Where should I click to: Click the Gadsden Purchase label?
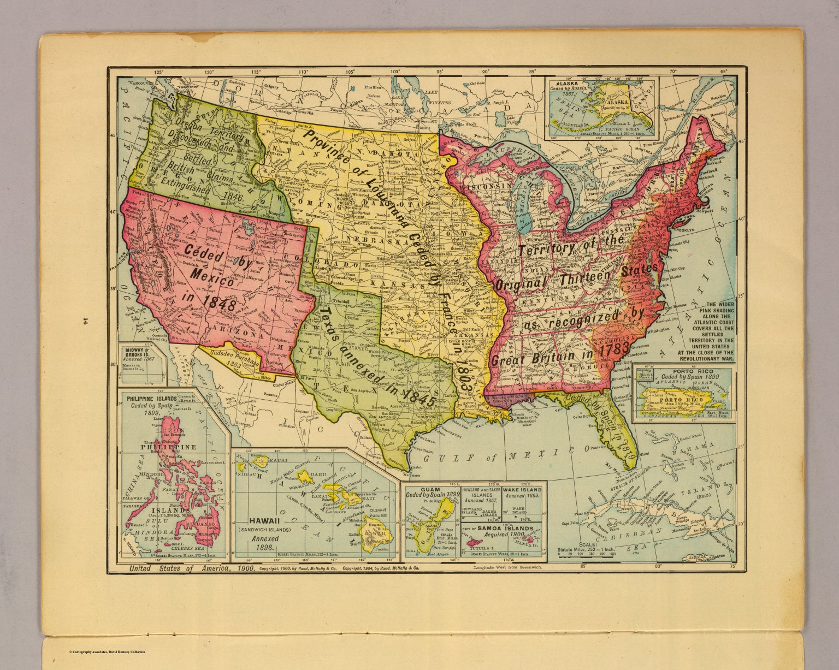click(233, 358)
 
